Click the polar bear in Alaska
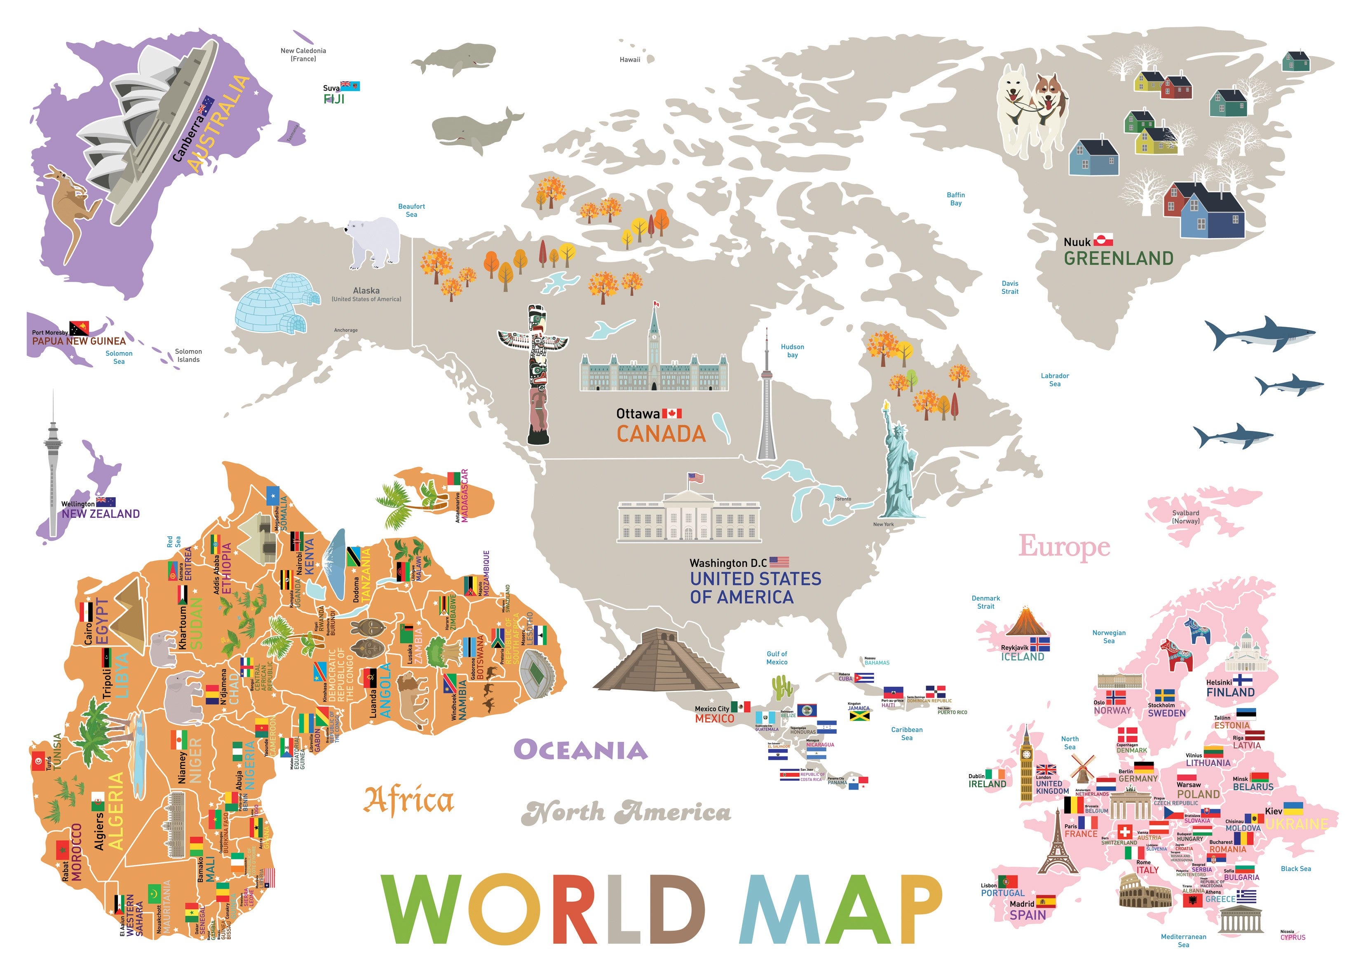point(373,242)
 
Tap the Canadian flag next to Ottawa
point(672,414)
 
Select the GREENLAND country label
point(1119,258)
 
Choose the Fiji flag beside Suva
point(350,86)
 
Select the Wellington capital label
point(78,504)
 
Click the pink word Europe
point(1065,546)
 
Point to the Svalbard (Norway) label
point(1186,517)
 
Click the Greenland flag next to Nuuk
point(1103,240)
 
